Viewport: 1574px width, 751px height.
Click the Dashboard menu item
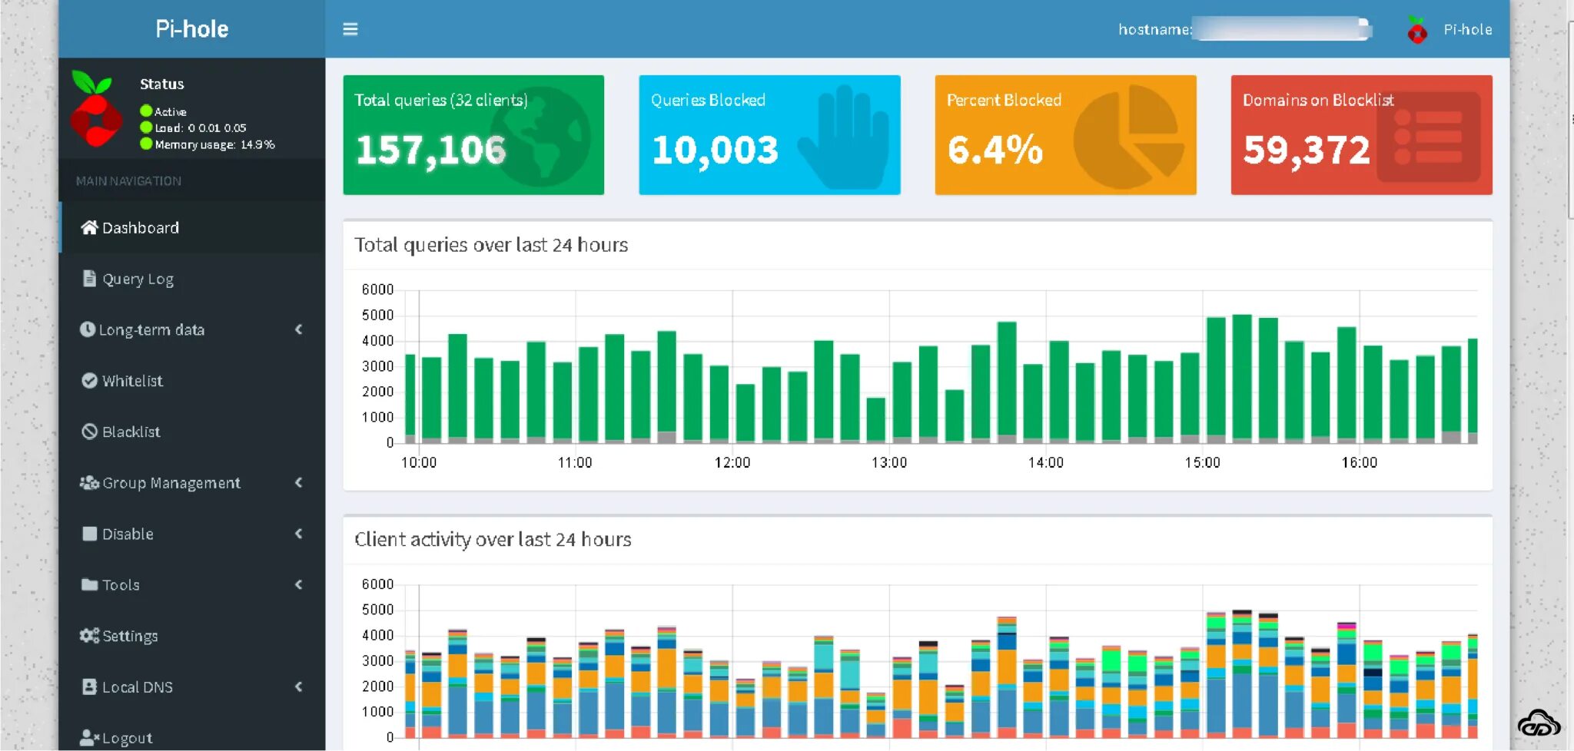(x=140, y=228)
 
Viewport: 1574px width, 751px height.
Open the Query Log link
(x=138, y=279)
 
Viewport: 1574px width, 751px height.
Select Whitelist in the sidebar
(x=131, y=381)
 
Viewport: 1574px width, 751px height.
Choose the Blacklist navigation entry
(x=131, y=432)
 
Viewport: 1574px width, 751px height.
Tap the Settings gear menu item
(x=129, y=636)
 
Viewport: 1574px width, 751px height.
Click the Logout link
(x=126, y=738)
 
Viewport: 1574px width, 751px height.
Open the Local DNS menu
(x=137, y=687)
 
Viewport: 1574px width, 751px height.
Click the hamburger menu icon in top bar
(x=350, y=29)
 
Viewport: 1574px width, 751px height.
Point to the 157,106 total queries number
(x=430, y=150)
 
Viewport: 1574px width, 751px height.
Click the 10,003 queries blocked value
(x=715, y=150)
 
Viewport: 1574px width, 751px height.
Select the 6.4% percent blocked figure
(x=995, y=150)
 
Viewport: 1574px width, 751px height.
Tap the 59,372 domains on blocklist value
(x=1307, y=150)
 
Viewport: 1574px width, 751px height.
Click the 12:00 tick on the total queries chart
(x=732, y=462)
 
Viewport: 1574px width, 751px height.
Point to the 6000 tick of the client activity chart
(x=377, y=584)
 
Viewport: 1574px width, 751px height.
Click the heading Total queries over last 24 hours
(x=491, y=245)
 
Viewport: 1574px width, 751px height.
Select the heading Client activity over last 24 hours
(x=493, y=540)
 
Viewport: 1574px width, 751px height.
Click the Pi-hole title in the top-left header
(x=191, y=29)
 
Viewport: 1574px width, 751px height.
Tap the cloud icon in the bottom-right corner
(x=1538, y=723)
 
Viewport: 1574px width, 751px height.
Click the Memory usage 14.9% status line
(x=214, y=144)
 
